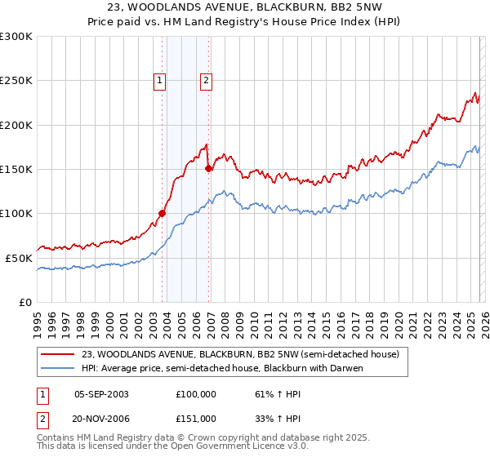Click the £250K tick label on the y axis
[x=16, y=81]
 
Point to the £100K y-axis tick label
[x=16, y=213]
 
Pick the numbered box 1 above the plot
[x=158, y=80]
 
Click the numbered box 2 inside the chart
[x=206, y=80]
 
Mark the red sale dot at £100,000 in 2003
[x=162, y=214]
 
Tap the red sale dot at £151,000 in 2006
[x=208, y=169]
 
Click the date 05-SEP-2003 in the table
[x=101, y=394]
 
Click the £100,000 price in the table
[x=195, y=394]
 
